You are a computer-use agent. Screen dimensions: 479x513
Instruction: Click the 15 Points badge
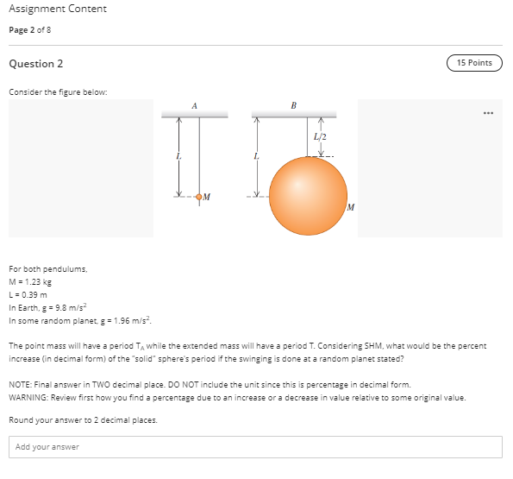point(474,63)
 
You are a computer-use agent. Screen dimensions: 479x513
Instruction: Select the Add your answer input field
point(256,447)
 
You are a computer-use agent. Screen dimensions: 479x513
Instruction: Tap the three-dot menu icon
point(489,112)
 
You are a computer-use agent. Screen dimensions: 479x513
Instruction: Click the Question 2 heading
point(36,64)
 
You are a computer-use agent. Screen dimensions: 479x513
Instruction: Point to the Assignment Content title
point(58,9)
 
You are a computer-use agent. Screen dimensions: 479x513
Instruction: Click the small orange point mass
point(199,197)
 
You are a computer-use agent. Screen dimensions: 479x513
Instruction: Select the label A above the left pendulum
point(195,105)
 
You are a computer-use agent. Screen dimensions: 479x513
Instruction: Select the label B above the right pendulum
point(293,105)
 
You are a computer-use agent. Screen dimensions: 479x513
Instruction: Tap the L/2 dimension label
point(322,136)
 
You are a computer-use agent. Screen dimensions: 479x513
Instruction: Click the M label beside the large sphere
point(351,207)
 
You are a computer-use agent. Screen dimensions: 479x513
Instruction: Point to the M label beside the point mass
point(208,196)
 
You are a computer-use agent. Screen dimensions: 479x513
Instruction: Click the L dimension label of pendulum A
point(178,156)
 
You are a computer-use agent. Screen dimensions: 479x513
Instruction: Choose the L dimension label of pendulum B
point(256,156)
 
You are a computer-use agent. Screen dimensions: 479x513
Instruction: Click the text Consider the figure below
point(47,91)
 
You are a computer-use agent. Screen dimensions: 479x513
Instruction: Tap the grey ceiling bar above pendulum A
point(194,114)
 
